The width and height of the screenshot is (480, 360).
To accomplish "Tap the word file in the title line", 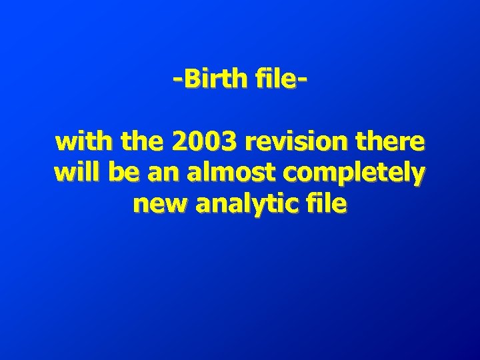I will click(277, 80).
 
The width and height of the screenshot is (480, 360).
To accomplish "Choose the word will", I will click(75, 173).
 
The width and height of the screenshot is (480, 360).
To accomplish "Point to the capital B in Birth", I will click(193, 80).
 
